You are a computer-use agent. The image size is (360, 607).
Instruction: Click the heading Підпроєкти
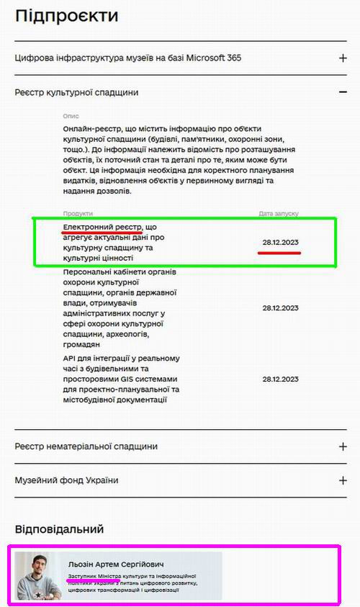(x=66, y=15)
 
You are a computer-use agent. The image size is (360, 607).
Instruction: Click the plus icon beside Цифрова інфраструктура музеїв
(x=343, y=58)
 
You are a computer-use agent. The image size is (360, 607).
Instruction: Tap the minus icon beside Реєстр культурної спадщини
(x=343, y=92)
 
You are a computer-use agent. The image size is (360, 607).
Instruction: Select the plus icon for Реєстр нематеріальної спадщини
(x=343, y=446)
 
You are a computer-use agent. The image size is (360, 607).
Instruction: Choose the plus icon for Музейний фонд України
(x=343, y=480)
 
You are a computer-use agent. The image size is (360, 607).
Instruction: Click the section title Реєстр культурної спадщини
(x=76, y=92)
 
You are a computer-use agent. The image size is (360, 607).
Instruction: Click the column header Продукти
(x=78, y=214)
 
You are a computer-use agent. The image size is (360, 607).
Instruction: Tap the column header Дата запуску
(x=279, y=214)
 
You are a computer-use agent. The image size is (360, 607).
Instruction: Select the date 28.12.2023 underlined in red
(x=280, y=243)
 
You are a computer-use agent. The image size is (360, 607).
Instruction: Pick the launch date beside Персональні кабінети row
(x=280, y=307)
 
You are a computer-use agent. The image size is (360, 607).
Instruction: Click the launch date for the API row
(x=280, y=379)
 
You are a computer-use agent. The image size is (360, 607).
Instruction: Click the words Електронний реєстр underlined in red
(x=102, y=227)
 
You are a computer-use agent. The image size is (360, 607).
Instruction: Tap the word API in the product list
(x=71, y=359)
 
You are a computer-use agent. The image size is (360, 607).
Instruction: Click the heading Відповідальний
(x=59, y=529)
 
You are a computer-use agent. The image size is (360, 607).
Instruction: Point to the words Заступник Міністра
(x=94, y=577)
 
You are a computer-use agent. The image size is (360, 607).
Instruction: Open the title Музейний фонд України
(x=66, y=480)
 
